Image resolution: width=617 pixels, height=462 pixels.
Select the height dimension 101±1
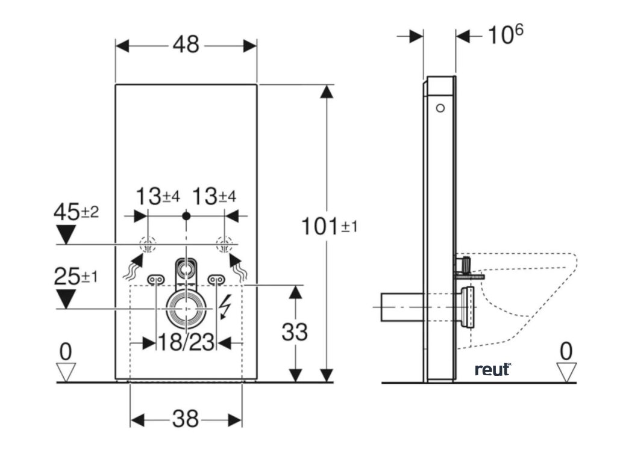(x=329, y=226)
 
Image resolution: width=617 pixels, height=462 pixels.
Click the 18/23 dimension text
(x=186, y=342)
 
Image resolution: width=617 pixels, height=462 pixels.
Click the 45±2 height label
(x=76, y=212)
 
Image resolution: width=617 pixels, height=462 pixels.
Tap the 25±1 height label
(x=76, y=277)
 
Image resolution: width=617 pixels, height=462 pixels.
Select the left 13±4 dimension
(x=157, y=196)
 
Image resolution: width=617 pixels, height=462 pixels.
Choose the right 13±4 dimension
(x=214, y=196)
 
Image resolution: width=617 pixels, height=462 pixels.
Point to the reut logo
(x=492, y=369)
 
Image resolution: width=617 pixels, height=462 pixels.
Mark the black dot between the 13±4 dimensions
(x=186, y=215)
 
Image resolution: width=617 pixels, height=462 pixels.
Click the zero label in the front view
(x=66, y=351)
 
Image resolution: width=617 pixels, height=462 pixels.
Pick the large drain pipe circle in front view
(x=186, y=307)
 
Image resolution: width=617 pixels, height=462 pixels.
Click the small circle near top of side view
(x=440, y=108)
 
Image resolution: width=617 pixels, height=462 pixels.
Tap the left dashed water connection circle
(x=146, y=245)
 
